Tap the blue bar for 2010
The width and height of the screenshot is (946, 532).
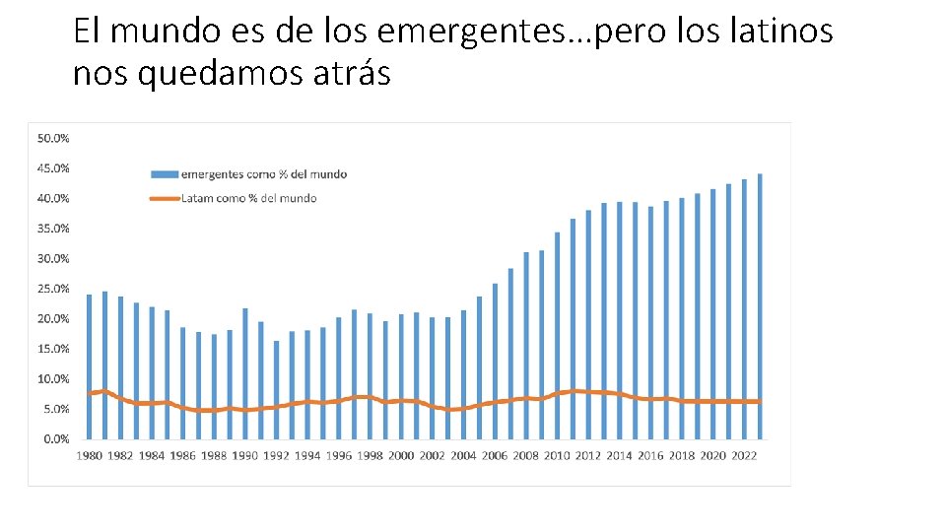point(557,335)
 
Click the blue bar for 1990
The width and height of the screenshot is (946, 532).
point(245,373)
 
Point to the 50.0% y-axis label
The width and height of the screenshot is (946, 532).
point(53,139)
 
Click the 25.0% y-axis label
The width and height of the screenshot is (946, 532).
point(53,289)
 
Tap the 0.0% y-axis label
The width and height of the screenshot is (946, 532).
point(55,439)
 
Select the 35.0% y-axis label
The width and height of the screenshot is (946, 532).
point(53,229)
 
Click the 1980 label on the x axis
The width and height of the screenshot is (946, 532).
point(90,456)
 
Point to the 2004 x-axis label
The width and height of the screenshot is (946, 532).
point(463,456)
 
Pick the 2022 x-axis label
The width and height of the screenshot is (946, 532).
point(744,456)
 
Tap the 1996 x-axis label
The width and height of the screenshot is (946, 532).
point(339,456)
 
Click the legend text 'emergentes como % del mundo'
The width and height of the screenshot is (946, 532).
point(264,174)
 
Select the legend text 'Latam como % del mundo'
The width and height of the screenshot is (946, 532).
point(249,198)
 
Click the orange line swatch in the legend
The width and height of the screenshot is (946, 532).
point(164,198)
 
